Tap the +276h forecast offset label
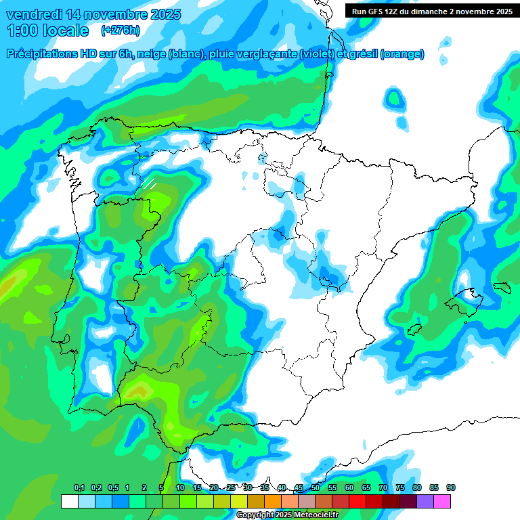(120, 30)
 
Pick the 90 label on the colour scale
(451, 488)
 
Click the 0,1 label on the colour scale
(79, 488)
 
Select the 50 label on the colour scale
(316, 488)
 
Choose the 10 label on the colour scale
(180, 488)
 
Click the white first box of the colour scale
(69, 501)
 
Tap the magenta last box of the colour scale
(442, 501)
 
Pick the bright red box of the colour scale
(357, 501)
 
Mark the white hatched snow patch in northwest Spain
(149, 183)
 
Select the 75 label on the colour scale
(400, 488)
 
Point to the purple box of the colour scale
(425, 501)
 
